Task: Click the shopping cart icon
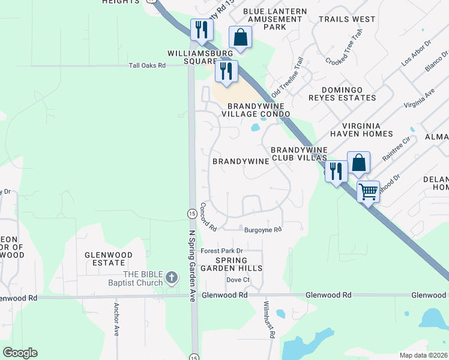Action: [368, 192]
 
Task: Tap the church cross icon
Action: [172, 277]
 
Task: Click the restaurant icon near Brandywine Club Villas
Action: [336, 171]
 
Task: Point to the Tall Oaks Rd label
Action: [147, 65]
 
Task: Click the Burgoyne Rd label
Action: [263, 230]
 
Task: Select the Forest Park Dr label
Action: [221, 251]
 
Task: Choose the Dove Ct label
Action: [238, 280]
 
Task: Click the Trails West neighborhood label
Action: [347, 19]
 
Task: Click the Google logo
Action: [20, 353]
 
